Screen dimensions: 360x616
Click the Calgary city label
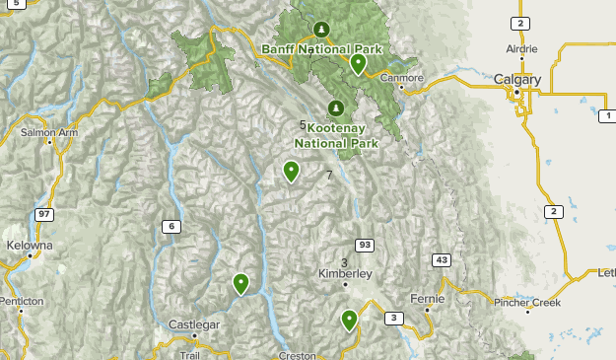(x=517, y=80)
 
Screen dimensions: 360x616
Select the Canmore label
(x=401, y=78)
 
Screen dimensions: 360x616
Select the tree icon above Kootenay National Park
(x=336, y=108)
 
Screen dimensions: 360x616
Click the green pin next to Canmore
(x=358, y=64)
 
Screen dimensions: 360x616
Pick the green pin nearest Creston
(x=349, y=320)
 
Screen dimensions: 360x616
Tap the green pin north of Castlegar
(x=240, y=284)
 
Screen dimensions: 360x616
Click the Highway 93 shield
(x=365, y=245)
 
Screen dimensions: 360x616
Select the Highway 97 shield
(x=44, y=214)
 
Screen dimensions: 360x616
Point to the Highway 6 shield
(x=171, y=227)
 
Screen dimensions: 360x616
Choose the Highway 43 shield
(x=441, y=260)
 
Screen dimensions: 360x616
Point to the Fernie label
(x=428, y=297)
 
